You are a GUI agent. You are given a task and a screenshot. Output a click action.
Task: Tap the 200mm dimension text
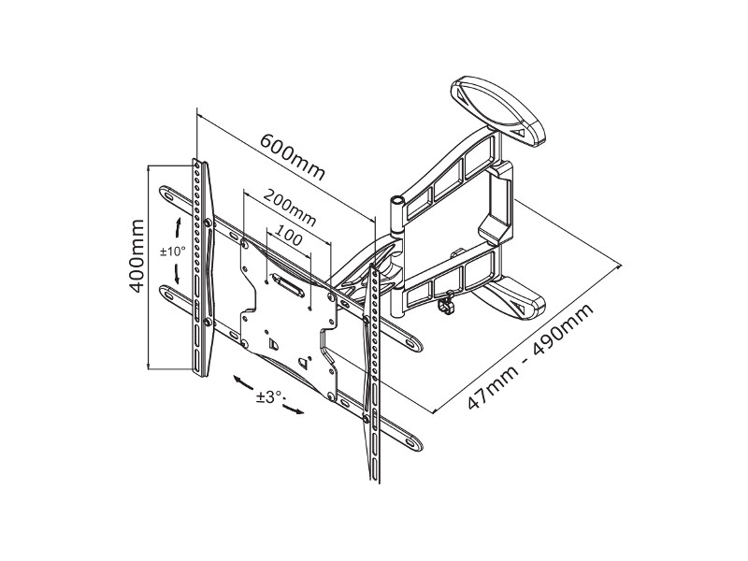(289, 207)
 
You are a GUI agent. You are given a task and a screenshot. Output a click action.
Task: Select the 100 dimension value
(290, 237)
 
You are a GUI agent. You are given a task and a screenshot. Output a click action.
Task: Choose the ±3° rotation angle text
(268, 396)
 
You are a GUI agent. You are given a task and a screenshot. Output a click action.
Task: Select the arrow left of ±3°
(242, 382)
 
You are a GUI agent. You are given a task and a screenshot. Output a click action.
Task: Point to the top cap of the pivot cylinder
(397, 199)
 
